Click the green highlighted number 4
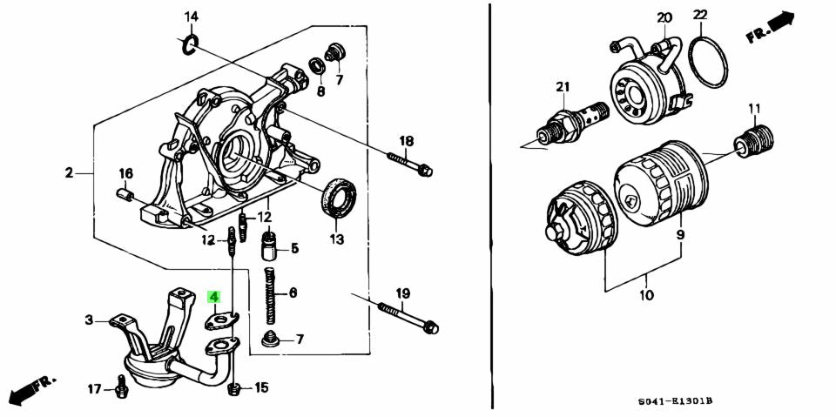tap(213, 297)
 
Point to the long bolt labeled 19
tap(407, 318)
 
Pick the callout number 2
tap(69, 173)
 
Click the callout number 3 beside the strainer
tap(88, 320)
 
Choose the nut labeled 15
tap(234, 388)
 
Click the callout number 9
tap(680, 234)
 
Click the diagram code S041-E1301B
tap(673, 400)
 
